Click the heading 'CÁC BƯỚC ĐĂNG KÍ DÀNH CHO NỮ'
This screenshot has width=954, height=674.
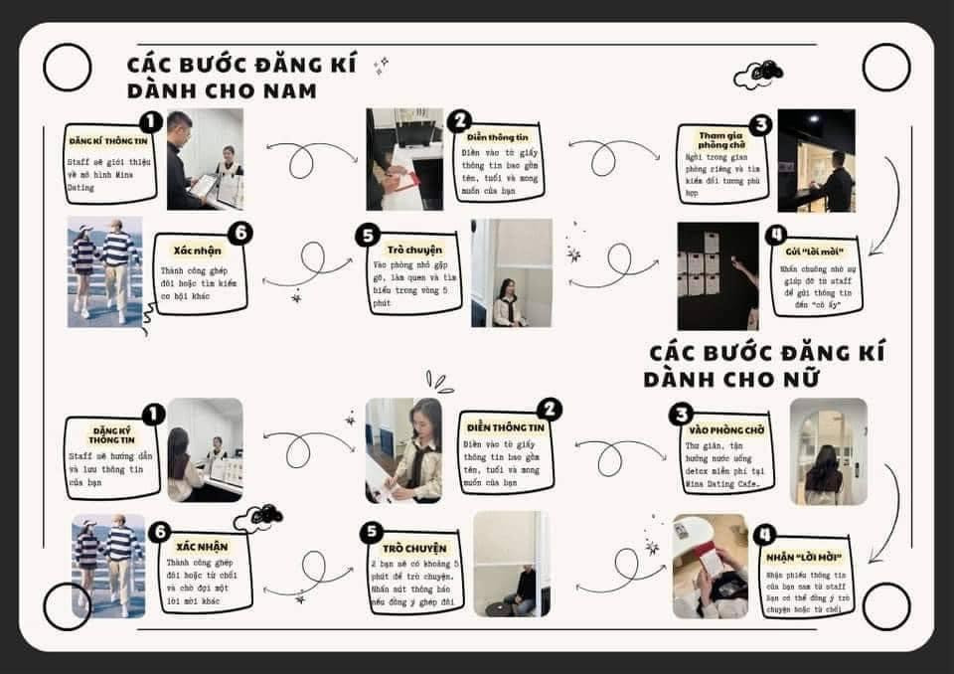763,365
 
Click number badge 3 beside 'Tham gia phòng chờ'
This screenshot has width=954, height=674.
760,125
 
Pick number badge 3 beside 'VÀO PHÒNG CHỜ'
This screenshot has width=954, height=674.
681,415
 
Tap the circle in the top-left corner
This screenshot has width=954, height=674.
68,67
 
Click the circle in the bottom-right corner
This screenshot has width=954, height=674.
885,605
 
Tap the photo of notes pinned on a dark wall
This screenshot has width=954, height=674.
717,275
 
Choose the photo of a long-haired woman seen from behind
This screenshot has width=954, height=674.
828,451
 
